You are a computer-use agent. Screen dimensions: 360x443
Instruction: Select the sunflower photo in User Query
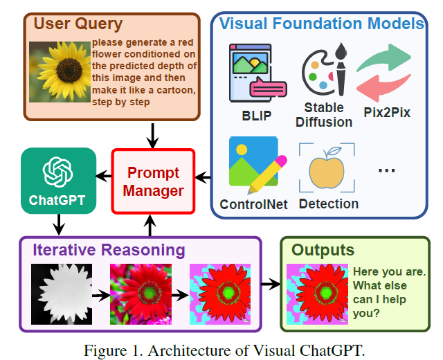pos(60,71)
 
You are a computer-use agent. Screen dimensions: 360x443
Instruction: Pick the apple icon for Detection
pos(327,168)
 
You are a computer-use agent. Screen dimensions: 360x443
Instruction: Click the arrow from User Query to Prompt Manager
pos(153,132)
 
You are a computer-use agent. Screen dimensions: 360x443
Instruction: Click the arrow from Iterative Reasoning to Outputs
pos(271,285)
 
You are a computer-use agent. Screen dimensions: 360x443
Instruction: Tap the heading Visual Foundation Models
pos(321,24)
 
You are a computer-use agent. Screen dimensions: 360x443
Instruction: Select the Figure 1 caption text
pos(223,350)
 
